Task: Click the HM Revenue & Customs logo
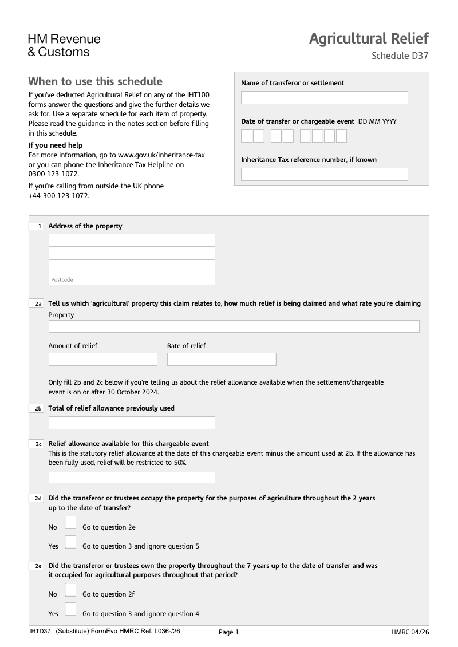[64, 45]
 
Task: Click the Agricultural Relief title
[368, 38]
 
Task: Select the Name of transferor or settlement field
[324, 98]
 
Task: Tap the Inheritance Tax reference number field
[324, 174]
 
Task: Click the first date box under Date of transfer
[247, 136]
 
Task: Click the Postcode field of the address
[132, 279]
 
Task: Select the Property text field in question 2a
[234, 326]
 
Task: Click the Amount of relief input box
[102, 359]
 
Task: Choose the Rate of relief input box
[221, 359]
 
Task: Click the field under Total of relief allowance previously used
[132, 423]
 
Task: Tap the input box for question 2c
[132, 477]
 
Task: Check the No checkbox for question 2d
[70, 523]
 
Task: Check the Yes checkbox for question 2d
[70, 542]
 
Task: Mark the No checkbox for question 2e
[70, 590]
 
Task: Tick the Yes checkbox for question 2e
[70, 609]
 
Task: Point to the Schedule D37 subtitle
[399, 56]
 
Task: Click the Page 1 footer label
[228, 632]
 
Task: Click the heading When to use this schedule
[95, 81]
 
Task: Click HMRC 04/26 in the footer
[409, 632]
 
